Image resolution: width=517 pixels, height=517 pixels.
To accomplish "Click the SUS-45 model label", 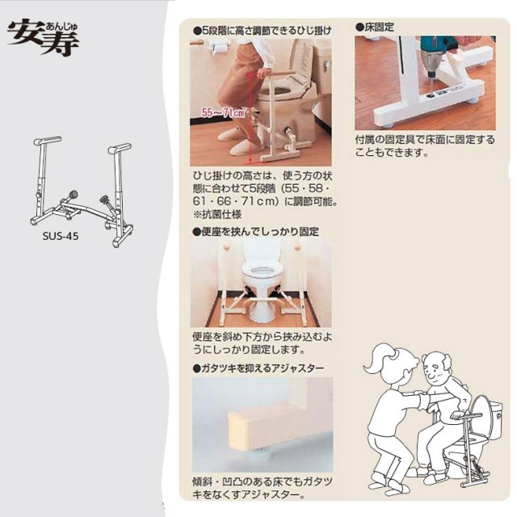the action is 61,236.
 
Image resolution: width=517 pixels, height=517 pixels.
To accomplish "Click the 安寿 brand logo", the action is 43,39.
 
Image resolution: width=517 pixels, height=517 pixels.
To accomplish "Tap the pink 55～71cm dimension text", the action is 223,113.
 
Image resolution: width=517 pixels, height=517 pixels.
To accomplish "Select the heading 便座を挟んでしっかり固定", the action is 256,232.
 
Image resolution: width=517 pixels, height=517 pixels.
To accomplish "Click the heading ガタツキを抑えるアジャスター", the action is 258,368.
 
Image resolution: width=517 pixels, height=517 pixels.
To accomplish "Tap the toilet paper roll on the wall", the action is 219,49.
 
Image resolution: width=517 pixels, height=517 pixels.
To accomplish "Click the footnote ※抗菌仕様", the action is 217,215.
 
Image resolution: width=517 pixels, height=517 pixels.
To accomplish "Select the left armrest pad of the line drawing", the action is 48,141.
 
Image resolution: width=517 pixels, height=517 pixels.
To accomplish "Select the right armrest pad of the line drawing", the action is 120,149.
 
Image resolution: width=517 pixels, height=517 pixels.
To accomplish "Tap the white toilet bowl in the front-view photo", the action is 261,284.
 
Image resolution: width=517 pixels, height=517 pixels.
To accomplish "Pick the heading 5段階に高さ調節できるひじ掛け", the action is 263,32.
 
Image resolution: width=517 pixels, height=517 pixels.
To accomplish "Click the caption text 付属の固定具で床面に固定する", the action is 425,140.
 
